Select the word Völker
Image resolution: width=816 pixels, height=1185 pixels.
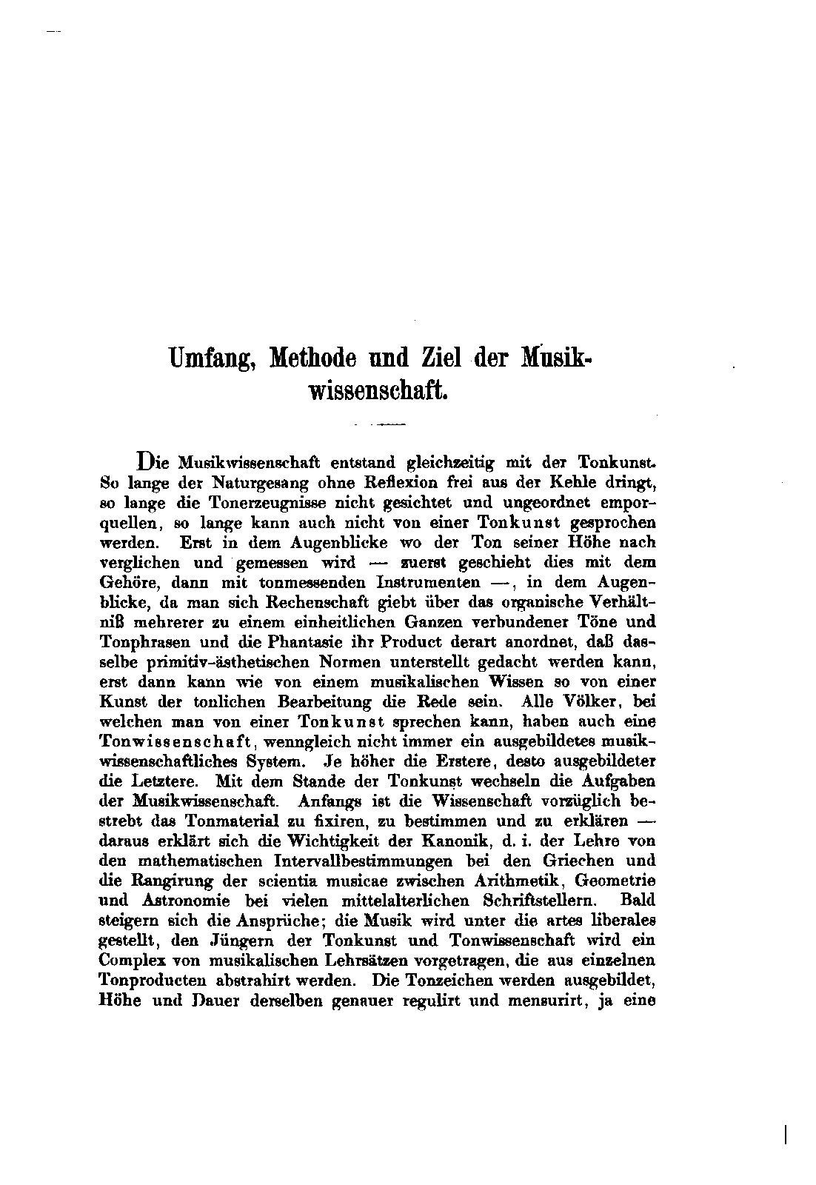click(x=590, y=701)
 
